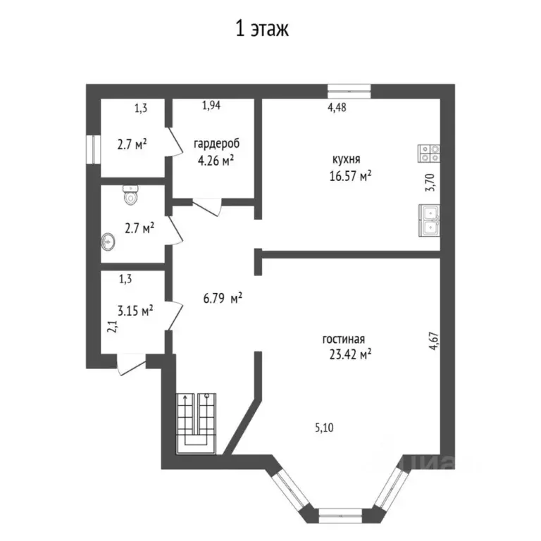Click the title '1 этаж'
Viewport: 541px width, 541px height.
[x=262, y=29]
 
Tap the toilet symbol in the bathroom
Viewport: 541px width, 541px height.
[x=129, y=195]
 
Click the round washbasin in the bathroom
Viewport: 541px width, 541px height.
[x=108, y=242]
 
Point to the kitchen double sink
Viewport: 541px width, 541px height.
[x=429, y=220]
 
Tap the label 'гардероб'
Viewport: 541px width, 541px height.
[x=216, y=144]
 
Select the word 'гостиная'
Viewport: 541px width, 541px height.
[x=344, y=339]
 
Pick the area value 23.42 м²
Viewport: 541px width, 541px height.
[x=351, y=355]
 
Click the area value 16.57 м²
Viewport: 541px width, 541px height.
[x=350, y=176]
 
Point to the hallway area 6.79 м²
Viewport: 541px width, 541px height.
[x=223, y=299]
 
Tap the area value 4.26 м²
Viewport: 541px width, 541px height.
[x=216, y=161]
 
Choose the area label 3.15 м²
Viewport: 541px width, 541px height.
[x=135, y=309]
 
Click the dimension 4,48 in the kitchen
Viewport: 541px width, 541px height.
[x=337, y=107]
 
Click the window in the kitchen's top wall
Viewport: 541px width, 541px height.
[x=349, y=89]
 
